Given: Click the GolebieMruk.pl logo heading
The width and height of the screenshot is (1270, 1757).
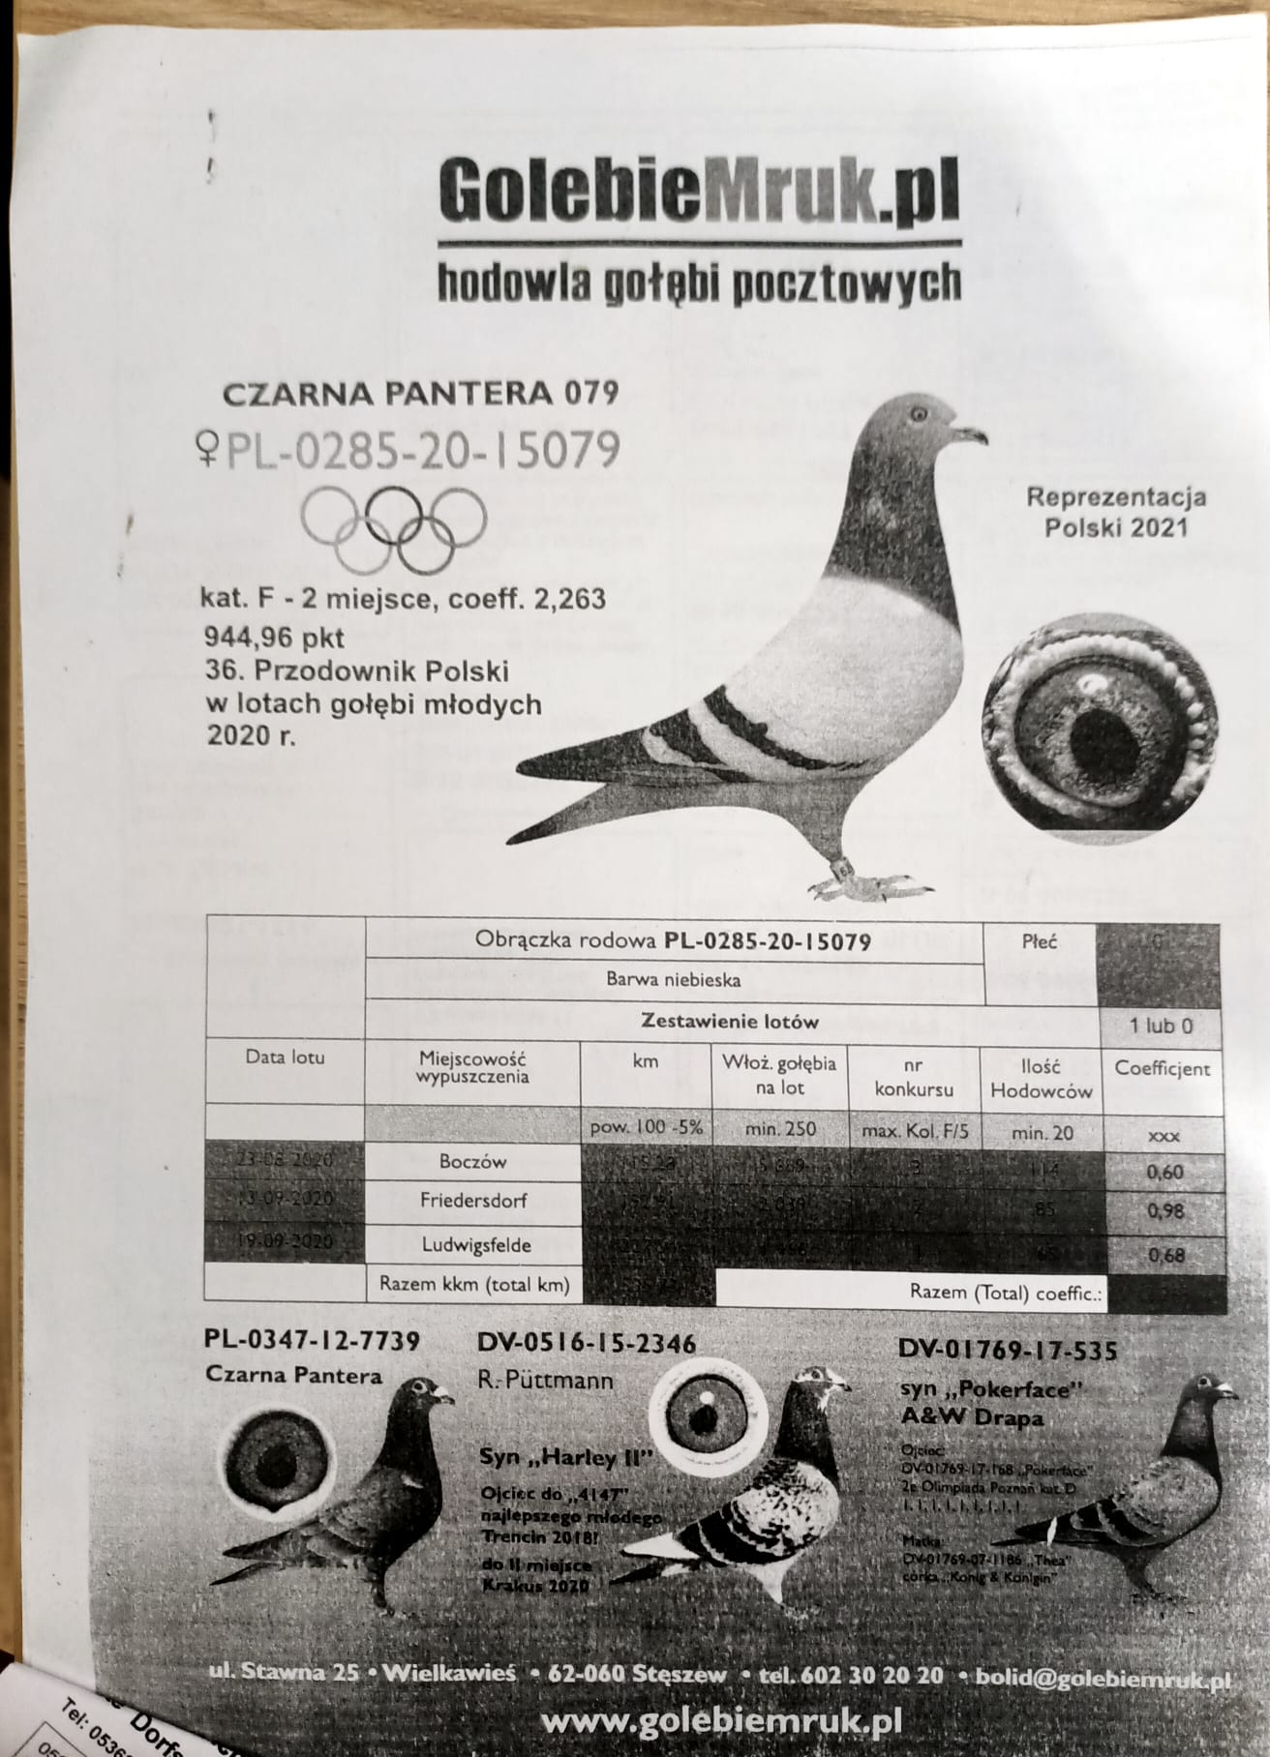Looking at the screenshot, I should click(699, 190).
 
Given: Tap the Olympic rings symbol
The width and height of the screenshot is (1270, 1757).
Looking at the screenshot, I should click(392, 523).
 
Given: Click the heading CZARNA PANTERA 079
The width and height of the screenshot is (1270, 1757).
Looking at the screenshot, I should click(420, 394).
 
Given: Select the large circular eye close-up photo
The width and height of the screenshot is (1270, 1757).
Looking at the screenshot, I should click(1096, 724).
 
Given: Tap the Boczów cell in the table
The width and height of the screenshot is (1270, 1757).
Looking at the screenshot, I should click(471, 1161).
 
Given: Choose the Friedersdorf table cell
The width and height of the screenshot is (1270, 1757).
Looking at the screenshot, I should click(471, 1201).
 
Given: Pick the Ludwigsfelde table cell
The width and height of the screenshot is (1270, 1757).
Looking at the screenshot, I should click(471, 1244).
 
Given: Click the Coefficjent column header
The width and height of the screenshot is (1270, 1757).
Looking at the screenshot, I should click(1162, 1069).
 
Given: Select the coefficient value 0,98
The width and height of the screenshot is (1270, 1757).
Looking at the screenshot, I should click(1164, 1210).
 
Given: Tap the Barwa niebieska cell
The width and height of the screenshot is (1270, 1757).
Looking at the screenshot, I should click(674, 979).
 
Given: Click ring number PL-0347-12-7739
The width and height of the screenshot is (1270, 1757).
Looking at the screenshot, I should click(313, 1341).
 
